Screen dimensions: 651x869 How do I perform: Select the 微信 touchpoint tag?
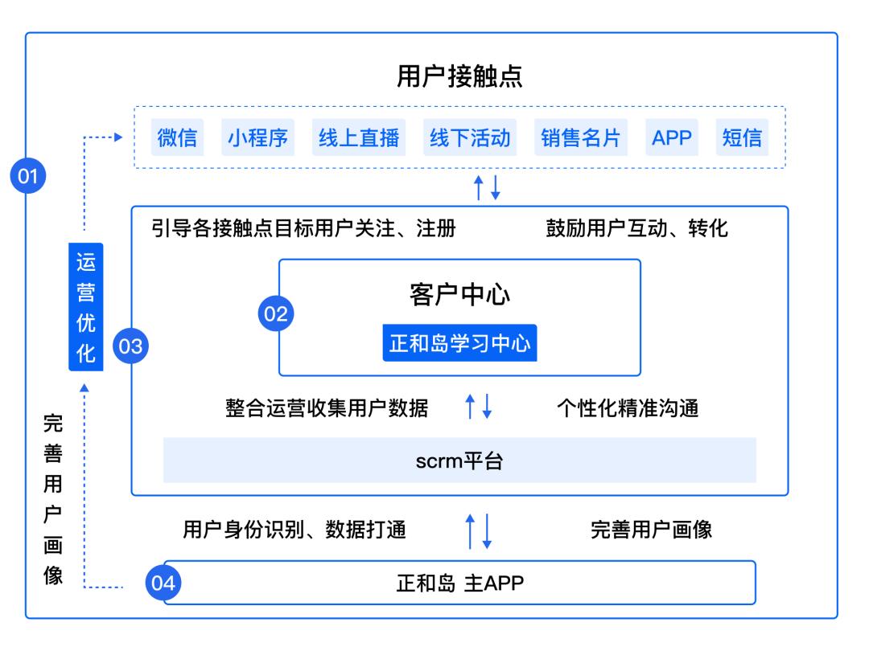tap(177, 137)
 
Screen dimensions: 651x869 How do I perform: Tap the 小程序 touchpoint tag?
tap(257, 137)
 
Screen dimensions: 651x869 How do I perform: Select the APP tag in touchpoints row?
tap(672, 137)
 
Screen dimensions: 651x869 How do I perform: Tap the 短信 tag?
tap(742, 137)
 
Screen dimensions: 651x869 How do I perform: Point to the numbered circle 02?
tap(276, 314)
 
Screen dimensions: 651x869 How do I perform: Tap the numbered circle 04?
tap(163, 583)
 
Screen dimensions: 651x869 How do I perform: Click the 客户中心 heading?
tap(459, 295)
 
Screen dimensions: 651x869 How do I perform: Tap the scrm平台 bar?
tap(459, 461)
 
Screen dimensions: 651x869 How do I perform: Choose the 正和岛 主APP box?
tap(459, 583)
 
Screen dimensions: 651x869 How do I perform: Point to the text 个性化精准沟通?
tap(628, 408)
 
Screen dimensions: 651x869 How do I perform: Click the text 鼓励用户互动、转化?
tap(636, 229)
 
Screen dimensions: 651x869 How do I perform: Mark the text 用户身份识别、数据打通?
tap(294, 530)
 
